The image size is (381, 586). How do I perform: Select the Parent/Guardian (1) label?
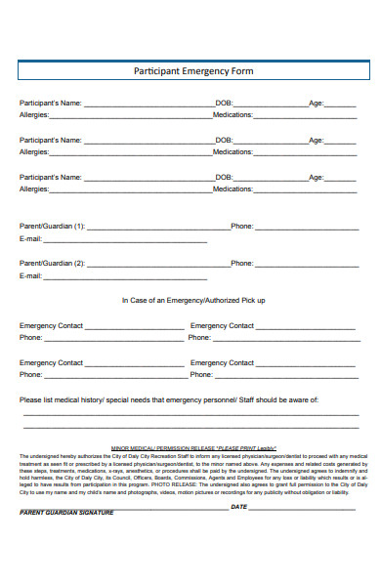(53, 226)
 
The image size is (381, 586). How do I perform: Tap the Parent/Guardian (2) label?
(53, 263)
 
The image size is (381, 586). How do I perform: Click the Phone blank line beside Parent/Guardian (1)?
(305, 228)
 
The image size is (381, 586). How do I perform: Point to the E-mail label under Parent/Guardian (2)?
(31, 276)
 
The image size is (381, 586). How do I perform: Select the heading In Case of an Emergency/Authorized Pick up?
(192, 300)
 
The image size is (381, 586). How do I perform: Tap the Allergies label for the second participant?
(34, 151)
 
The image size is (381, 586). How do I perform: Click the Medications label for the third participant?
(233, 188)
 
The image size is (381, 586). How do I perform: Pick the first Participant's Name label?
(51, 102)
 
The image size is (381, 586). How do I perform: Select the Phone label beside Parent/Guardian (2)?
(242, 263)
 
